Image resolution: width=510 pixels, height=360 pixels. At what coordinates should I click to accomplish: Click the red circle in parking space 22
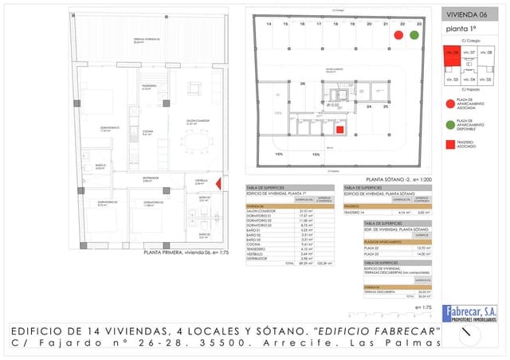(398, 36)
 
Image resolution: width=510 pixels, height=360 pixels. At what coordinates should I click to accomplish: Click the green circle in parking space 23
(414, 36)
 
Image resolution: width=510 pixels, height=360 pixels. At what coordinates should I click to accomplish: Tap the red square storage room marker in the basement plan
(339, 130)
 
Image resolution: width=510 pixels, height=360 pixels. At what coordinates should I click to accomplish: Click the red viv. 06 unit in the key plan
(453, 56)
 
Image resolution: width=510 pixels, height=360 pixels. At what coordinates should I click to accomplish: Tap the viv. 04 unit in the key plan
(469, 80)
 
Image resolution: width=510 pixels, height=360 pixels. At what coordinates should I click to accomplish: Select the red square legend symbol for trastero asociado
(449, 144)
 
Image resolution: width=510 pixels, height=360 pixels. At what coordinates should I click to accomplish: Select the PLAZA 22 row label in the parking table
(375, 248)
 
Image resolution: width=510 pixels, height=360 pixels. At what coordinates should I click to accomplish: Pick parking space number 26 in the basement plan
(302, 83)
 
